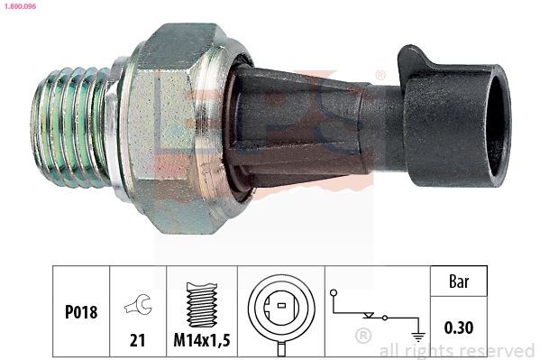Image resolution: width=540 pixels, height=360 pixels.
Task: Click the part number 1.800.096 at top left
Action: pyautogui.click(x=19, y=5)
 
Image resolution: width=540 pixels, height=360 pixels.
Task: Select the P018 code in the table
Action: pyautogui.click(x=81, y=311)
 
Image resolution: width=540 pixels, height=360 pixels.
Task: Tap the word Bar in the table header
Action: pyautogui.click(x=459, y=282)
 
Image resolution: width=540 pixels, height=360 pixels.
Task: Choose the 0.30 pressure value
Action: pyautogui.click(x=459, y=326)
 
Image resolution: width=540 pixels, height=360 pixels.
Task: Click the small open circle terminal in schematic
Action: pyautogui.click(x=333, y=293)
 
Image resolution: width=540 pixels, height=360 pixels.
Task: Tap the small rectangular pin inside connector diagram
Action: pyautogui.click(x=281, y=308)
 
